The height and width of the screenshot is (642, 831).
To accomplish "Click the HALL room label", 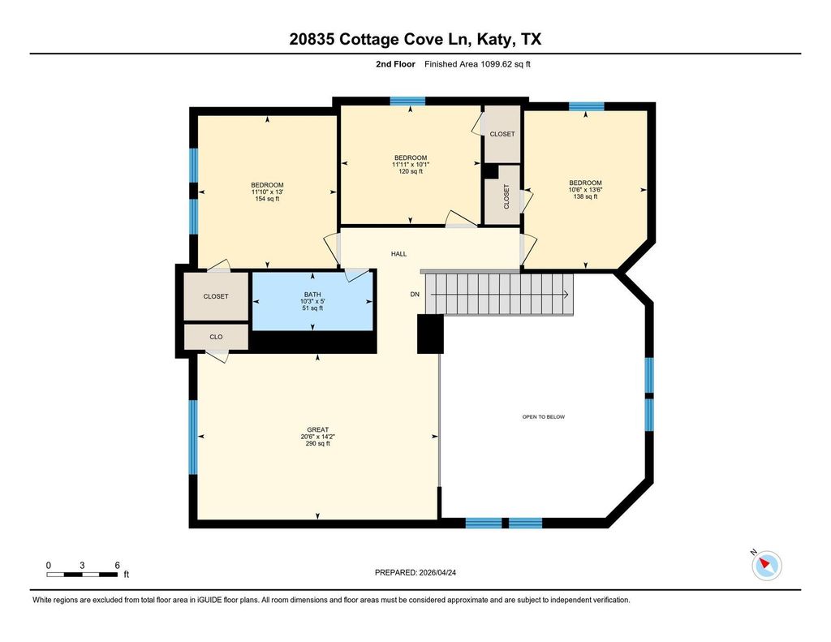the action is point(398,254).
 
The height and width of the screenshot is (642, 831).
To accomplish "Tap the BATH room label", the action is point(312,295).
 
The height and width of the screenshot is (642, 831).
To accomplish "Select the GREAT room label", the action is point(317,429).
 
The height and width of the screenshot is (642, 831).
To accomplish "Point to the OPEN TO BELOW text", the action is point(543,416).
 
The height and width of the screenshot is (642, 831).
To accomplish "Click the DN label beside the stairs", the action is point(415,295).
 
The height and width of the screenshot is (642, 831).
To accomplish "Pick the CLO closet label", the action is point(216,337).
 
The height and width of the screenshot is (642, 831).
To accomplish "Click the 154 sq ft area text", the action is point(267,199).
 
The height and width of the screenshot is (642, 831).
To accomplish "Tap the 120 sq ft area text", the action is point(410,171).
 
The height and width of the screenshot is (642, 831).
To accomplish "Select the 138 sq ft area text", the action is point(585,196).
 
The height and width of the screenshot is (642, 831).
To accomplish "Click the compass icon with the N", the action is point(766,565).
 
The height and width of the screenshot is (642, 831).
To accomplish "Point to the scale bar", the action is point(82,574).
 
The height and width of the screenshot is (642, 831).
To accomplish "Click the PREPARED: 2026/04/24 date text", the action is point(415,572).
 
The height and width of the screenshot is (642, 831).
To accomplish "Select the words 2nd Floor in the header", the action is point(395,64).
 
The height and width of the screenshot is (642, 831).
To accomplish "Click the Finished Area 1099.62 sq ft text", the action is point(477,64).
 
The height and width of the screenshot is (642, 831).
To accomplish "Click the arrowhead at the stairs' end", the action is point(566,295).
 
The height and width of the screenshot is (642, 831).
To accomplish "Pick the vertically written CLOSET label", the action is point(506,196).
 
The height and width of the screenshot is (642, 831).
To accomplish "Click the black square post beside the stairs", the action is point(430,334).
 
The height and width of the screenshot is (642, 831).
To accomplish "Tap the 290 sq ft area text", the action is point(317,443).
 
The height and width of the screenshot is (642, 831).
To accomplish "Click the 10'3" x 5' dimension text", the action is point(312,301).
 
